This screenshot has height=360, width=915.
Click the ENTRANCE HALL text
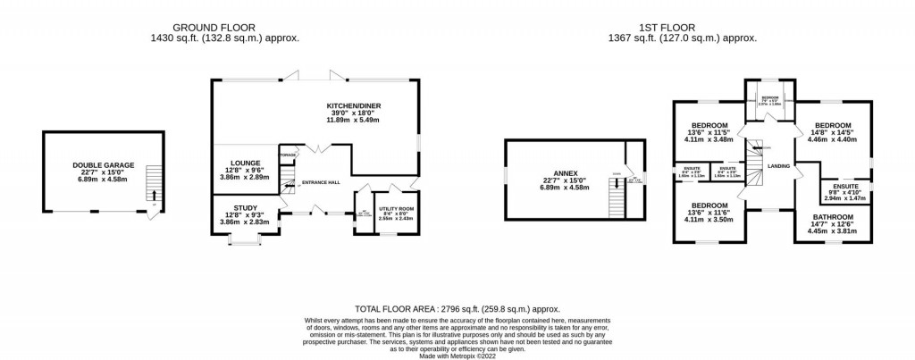(320, 183)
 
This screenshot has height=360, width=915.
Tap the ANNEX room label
(565, 173)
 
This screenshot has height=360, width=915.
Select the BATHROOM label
(832, 217)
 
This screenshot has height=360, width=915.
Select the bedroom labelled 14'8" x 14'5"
(831, 126)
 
